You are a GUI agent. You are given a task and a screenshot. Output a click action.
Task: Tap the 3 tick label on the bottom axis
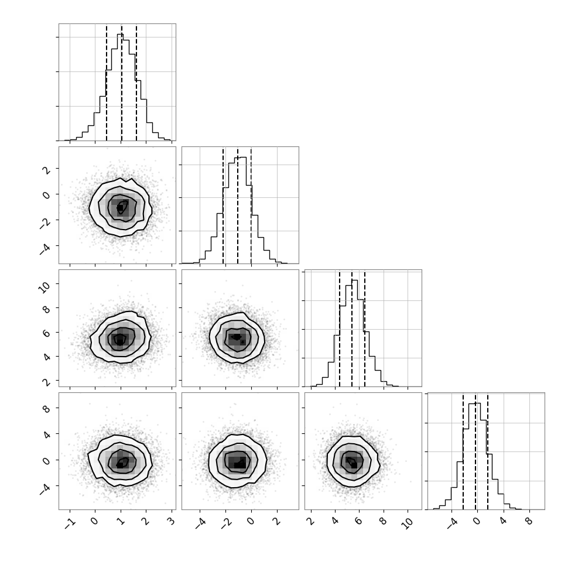[x=172, y=521]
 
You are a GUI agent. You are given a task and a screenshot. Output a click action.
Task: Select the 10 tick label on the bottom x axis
[x=408, y=523]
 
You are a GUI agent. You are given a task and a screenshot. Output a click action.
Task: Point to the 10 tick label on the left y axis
[x=45, y=288]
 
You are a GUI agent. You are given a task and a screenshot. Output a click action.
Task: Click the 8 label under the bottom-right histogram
[x=529, y=521]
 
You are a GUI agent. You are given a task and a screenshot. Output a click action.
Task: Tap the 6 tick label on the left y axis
[x=46, y=333]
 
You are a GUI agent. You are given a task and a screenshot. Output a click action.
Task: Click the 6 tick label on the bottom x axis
[x=358, y=521]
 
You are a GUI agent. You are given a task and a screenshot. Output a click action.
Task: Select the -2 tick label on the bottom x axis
[x=225, y=523]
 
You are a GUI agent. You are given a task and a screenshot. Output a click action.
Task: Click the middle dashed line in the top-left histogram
[x=121, y=82]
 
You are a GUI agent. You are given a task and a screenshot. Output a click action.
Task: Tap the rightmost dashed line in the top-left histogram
[x=136, y=82]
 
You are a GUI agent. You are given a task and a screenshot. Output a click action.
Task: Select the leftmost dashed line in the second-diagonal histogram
[x=223, y=205]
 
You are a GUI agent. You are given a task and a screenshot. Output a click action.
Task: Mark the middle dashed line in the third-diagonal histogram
[x=352, y=328]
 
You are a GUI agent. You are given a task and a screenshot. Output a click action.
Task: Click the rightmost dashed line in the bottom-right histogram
[x=488, y=451]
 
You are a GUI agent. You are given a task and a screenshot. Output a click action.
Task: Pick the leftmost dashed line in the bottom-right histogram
[x=463, y=451]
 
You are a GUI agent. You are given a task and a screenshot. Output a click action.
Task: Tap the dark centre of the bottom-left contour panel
[x=122, y=463]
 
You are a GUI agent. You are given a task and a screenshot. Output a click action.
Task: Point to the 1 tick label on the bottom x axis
[x=121, y=521]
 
